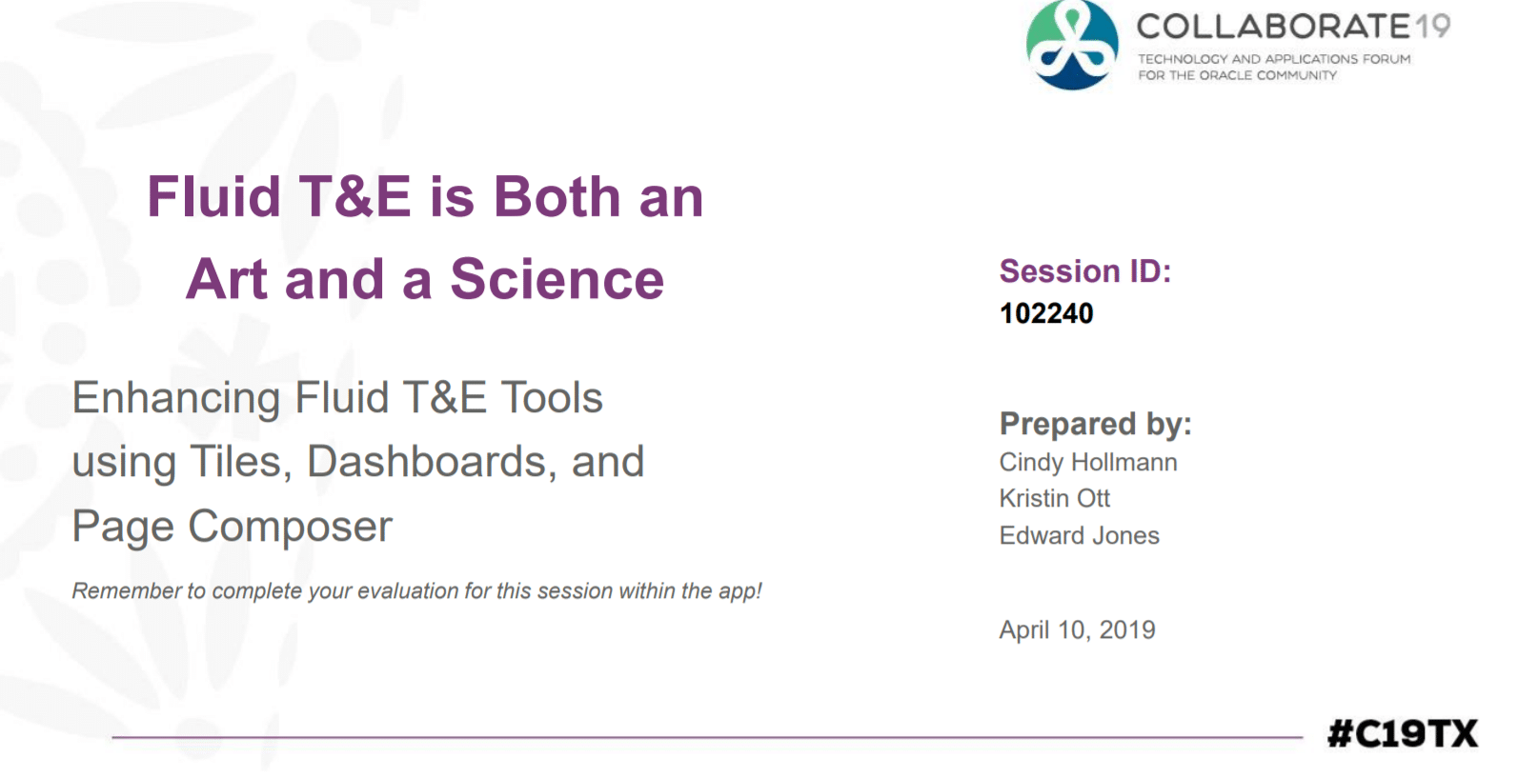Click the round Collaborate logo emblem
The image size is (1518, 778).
tap(1072, 45)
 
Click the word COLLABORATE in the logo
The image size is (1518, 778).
tap(1274, 27)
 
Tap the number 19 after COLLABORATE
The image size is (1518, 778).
tap(1432, 27)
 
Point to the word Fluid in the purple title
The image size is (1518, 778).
tap(213, 196)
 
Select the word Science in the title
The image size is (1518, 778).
tap(557, 279)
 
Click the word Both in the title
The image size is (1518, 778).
tap(557, 196)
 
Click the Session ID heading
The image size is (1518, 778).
tap(1085, 271)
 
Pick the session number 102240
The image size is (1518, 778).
tap(1046, 313)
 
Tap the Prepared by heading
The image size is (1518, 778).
tap(1095, 425)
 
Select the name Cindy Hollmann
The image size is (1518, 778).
tap(1088, 463)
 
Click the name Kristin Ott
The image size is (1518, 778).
tap(1055, 499)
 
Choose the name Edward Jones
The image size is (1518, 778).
tap(1080, 535)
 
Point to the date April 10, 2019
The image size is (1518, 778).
tap(1078, 630)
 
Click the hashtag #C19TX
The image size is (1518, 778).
tap(1403, 734)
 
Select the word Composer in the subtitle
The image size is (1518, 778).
tap(290, 527)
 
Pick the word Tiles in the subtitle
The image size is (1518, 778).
tap(241, 462)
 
